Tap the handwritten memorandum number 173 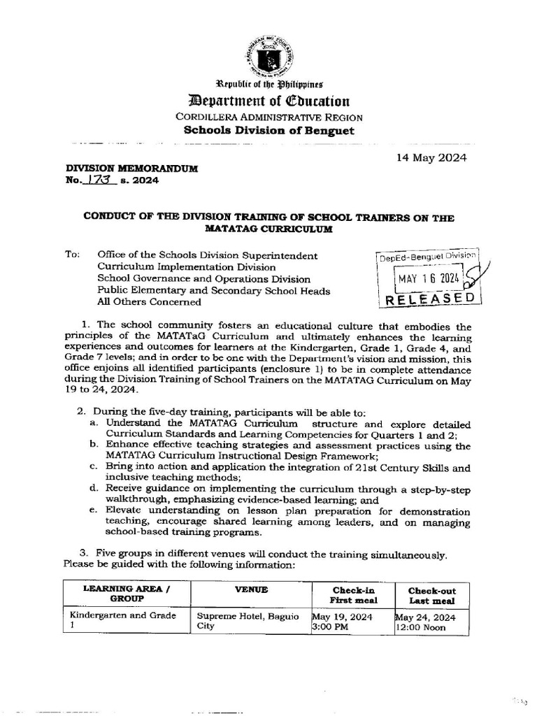coord(102,180)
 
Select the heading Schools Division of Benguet coord(269,131)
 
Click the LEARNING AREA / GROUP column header coord(126,594)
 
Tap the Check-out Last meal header coord(431,595)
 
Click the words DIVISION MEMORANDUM coord(131,169)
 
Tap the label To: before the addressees coord(73,256)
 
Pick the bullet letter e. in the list coord(94,510)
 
